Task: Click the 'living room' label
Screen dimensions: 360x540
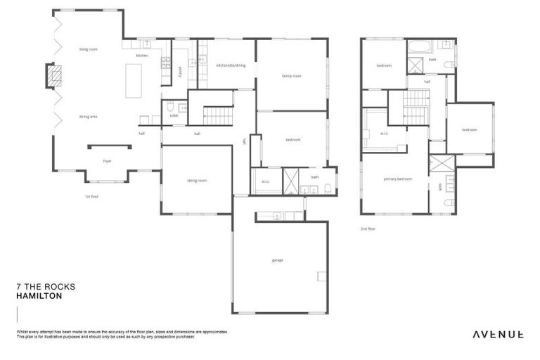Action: tap(88, 49)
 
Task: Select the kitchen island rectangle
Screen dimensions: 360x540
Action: tap(134, 81)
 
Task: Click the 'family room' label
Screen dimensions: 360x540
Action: tap(291, 76)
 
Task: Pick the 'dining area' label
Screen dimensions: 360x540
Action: tap(88, 116)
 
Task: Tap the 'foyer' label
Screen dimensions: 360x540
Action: tap(107, 161)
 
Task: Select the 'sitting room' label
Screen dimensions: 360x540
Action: tap(197, 181)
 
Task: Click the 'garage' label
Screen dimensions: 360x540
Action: tap(277, 260)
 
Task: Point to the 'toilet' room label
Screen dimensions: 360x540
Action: tap(174, 115)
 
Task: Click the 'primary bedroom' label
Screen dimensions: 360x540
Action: tap(397, 179)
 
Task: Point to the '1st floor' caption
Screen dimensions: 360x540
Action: tap(91, 197)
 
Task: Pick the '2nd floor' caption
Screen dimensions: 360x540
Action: tap(367, 229)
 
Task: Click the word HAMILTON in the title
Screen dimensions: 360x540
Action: tap(39, 297)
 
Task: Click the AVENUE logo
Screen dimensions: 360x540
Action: tap(496, 334)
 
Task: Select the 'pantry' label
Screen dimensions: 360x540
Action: tap(181, 71)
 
